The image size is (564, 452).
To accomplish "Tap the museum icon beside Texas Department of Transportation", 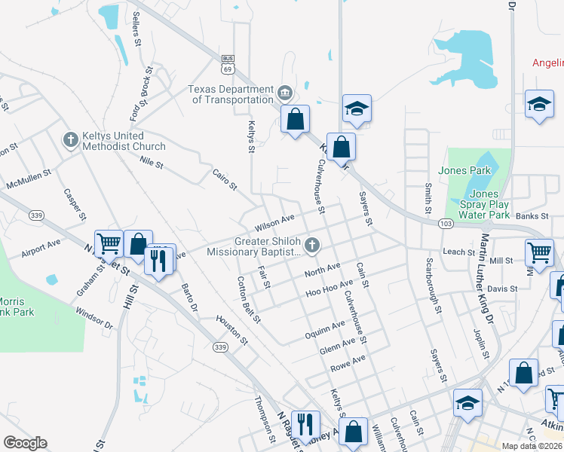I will (x=285, y=93).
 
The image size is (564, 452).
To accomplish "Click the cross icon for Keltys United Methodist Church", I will (x=70, y=139).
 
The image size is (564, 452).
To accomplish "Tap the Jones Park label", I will (x=469, y=171).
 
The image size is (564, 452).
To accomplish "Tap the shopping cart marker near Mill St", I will (x=539, y=254).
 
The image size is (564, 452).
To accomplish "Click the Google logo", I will (x=25, y=443).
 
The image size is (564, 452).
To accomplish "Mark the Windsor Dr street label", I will (x=94, y=317).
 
